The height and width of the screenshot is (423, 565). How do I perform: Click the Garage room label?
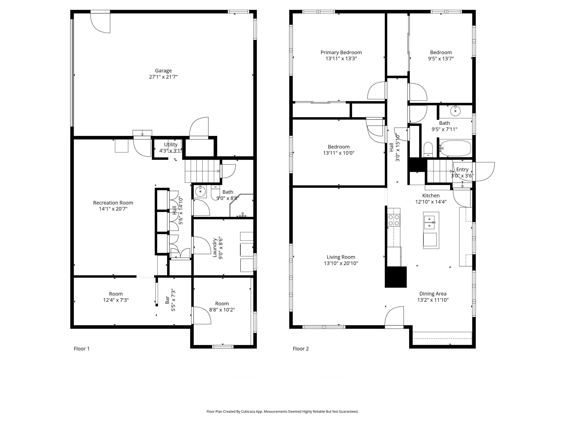coord(163,71)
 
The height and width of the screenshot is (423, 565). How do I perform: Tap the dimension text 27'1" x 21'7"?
coord(163,77)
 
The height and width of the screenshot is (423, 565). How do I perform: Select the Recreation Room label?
coord(113,203)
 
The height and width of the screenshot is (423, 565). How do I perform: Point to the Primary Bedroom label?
coord(341,53)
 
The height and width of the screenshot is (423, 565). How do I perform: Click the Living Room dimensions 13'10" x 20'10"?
coord(341,263)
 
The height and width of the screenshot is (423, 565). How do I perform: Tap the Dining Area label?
coord(433,294)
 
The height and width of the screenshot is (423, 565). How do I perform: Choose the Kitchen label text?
coord(431,196)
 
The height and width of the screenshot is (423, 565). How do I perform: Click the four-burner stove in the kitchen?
coord(394,220)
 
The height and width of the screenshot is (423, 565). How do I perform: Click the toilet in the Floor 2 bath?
coord(428,150)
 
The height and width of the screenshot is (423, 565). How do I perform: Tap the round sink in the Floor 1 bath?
coord(200,191)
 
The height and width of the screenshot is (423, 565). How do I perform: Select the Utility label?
coord(171,144)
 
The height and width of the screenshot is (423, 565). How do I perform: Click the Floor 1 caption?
coord(82,348)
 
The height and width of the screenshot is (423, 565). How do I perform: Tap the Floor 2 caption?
coord(301,348)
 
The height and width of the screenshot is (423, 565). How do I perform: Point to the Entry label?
coord(462,170)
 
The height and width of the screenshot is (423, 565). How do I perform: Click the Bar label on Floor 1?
coord(167,300)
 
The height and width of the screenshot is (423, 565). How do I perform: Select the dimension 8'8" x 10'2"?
coord(222,310)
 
